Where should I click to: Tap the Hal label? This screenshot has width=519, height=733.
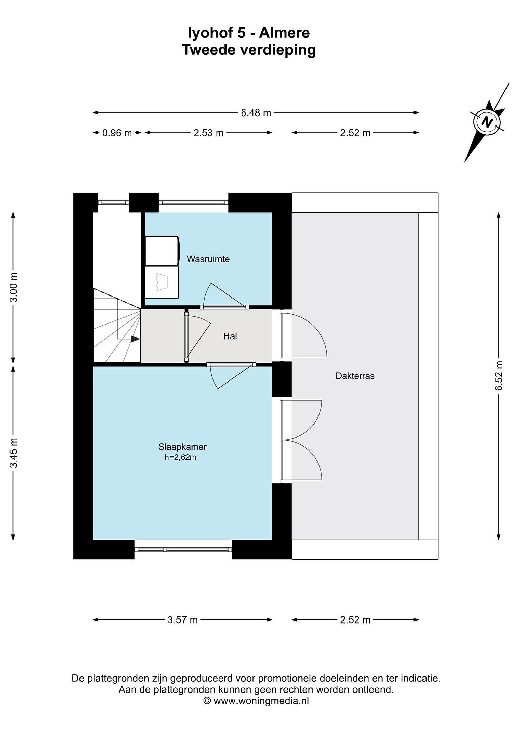point(230,336)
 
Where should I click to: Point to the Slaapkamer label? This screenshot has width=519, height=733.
point(182,447)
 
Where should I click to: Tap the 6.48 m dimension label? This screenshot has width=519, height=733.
point(256,113)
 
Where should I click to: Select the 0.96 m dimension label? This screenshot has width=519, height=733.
point(117,133)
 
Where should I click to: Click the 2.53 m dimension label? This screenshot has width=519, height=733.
point(208,133)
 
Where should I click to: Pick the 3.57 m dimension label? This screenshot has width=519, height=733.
point(183,620)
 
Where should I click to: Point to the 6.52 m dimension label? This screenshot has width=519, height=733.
point(499,375)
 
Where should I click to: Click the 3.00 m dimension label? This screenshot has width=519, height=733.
point(14,287)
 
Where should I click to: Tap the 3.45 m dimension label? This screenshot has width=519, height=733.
point(14,453)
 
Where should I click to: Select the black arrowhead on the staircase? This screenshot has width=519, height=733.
point(136,339)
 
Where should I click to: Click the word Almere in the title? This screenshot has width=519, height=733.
point(284,33)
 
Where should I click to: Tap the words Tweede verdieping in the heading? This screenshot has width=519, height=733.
point(249,50)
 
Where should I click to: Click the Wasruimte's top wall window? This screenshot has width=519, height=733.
point(194,202)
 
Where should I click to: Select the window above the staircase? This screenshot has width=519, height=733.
point(113,202)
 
